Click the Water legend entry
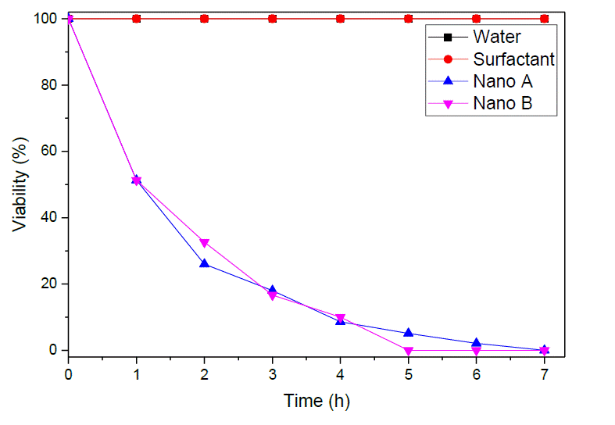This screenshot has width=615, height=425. [496, 36]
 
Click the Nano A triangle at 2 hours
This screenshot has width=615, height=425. [205, 263]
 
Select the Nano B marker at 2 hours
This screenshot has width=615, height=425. [205, 243]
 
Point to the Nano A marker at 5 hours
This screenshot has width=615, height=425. [408, 333]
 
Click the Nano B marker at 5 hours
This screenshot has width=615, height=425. [408, 350]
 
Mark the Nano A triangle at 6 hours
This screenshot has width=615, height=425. [476, 343]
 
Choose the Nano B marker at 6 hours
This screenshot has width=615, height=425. [476, 350]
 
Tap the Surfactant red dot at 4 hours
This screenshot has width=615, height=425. [340, 19]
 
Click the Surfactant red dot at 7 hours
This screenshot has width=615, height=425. [544, 19]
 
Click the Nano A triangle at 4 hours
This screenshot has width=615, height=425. [340, 320]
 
